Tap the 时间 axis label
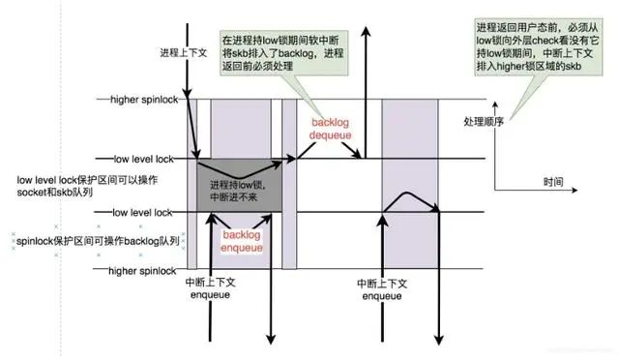tap(553, 182)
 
